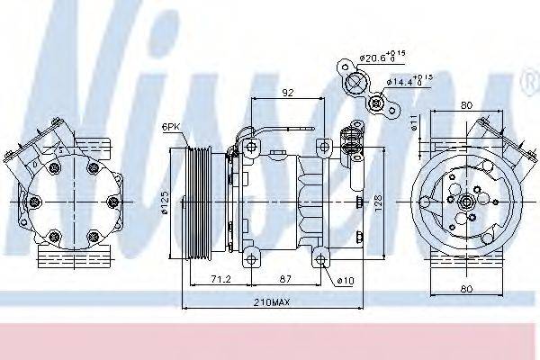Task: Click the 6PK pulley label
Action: [x=172, y=127]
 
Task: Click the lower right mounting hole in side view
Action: [x=321, y=260]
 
